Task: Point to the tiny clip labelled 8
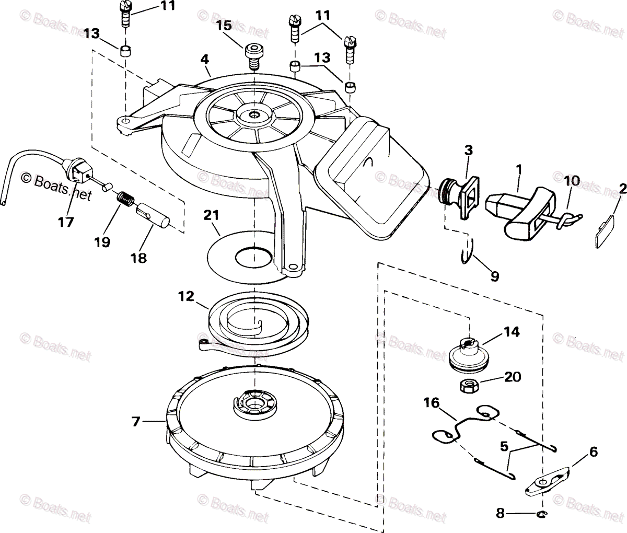tap(541, 514)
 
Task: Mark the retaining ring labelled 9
tap(467, 251)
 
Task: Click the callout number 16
tap(432, 403)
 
